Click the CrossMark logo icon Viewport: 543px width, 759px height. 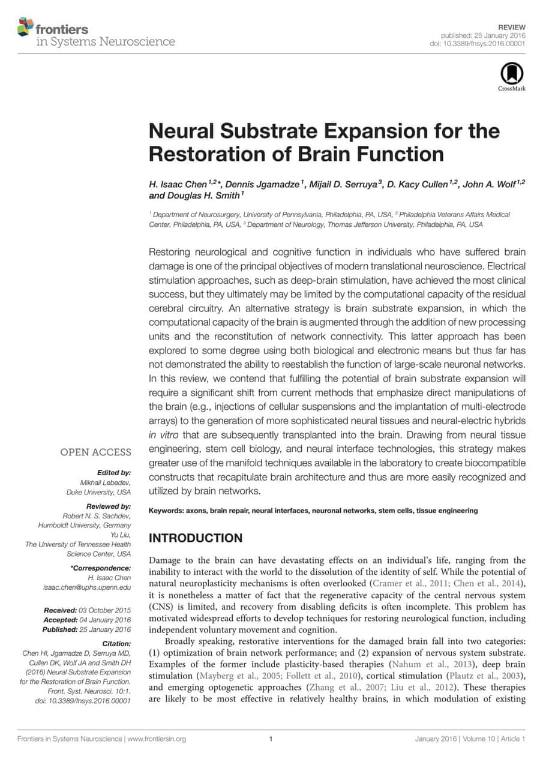pyautogui.click(x=511, y=74)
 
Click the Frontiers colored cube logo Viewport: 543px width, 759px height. pyautogui.click(x=25, y=26)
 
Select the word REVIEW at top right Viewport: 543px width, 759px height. pyautogui.click(x=512, y=28)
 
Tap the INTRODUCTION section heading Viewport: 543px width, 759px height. pyautogui.click(x=196, y=538)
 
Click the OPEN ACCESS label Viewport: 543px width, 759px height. pyautogui.click(x=95, y=452)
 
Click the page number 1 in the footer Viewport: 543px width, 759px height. pyautogui.click(x=271, y=739)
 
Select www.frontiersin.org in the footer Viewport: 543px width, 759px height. pyautogui.click(x=157, y=739)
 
